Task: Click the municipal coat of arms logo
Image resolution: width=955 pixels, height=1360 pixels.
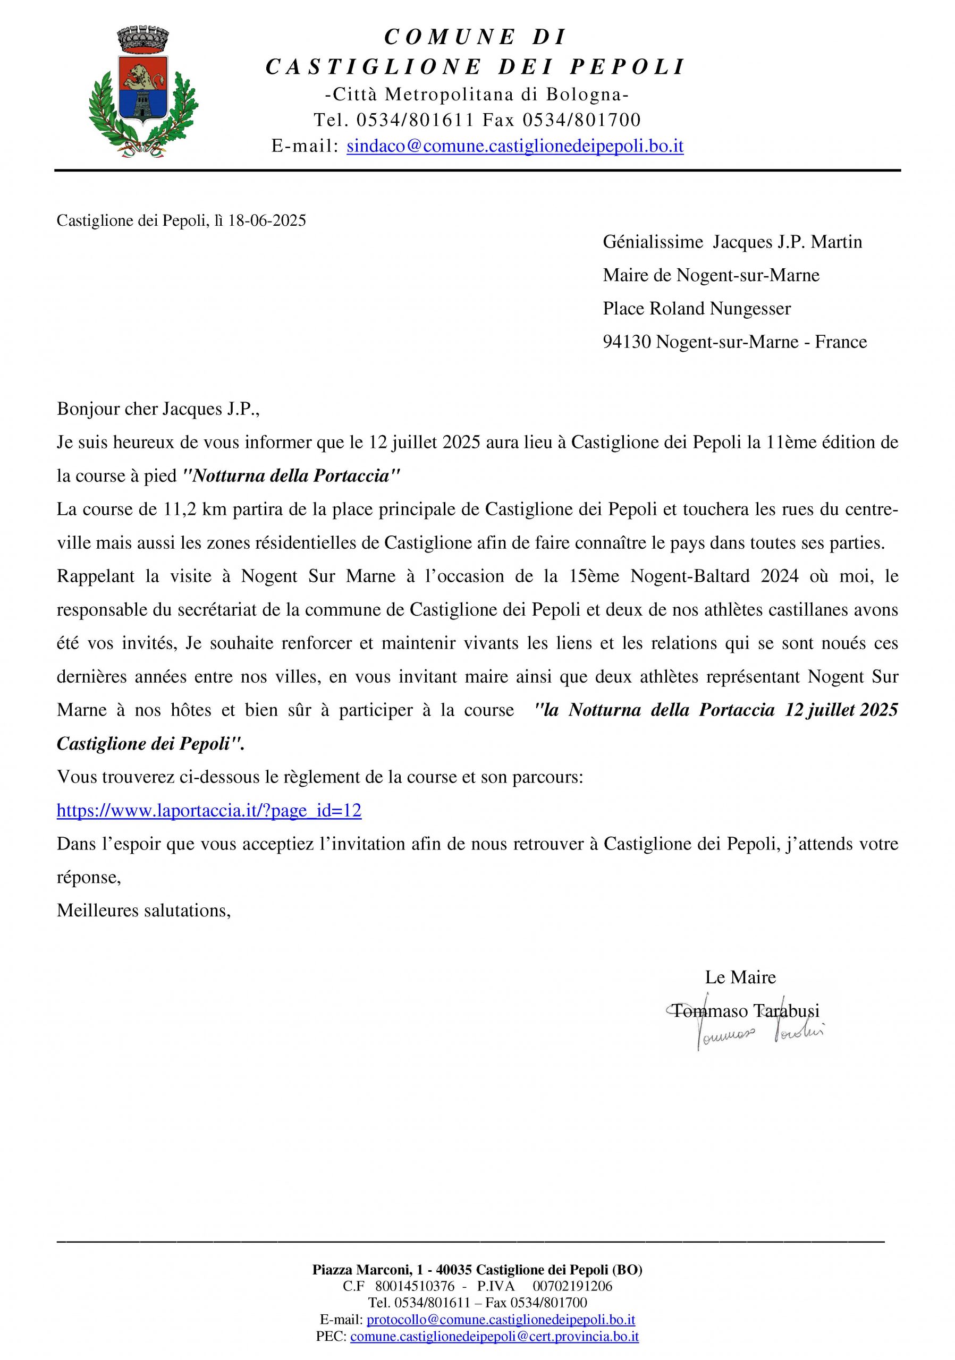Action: [x=143, y=91]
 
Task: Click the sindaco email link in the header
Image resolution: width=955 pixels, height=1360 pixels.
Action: [x=515, y=146]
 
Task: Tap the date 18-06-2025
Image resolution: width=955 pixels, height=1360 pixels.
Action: [x=267, y=221]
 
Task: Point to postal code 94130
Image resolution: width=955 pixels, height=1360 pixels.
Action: [x=627, y=342]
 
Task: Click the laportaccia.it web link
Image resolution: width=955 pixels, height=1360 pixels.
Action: [x=208, y=810]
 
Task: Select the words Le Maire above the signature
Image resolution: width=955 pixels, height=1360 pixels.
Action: [x=740, y=977]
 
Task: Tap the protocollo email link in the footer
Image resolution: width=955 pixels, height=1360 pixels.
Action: [x=501, y=1320]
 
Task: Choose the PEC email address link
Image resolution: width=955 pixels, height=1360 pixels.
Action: [x=495, y=1336]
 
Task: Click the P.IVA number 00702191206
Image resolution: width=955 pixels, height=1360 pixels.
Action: [x=572, y=1286]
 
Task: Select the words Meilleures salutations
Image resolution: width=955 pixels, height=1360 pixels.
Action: [x=143, y=911]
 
